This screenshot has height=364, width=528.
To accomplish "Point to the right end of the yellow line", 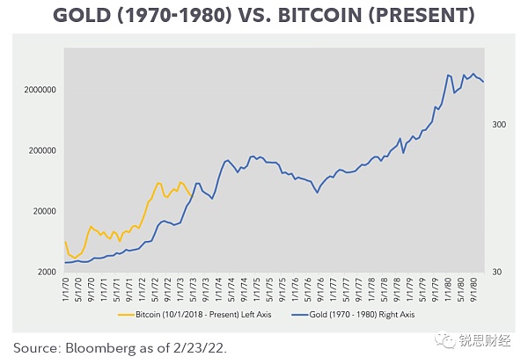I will (190, 195).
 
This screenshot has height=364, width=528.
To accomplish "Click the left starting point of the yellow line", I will (65, 242).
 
